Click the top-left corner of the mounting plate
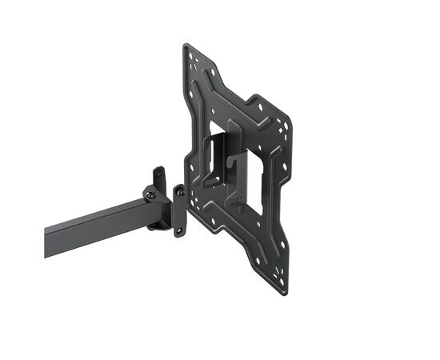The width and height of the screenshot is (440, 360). (x=186, y=46)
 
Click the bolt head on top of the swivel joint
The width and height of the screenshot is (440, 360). (x=150, y=193)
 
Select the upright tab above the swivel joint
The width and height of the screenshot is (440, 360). (x=159, y=177)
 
